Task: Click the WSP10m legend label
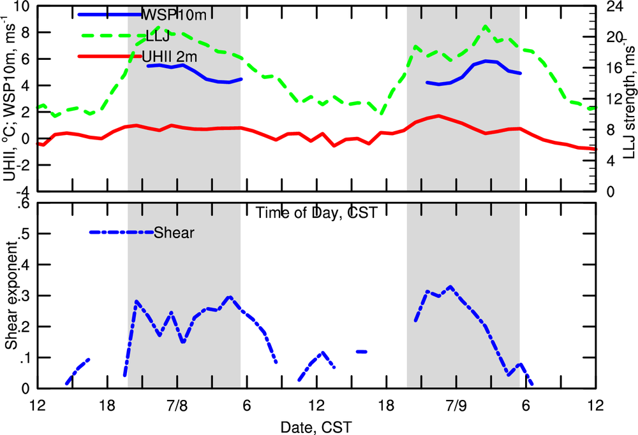[x=167, y=13]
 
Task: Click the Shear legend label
[x=174, y=232]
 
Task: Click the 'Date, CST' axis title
[x=316, y=424]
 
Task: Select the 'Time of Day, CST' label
[x=316, y=213]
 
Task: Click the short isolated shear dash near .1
[x=362, y=351]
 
